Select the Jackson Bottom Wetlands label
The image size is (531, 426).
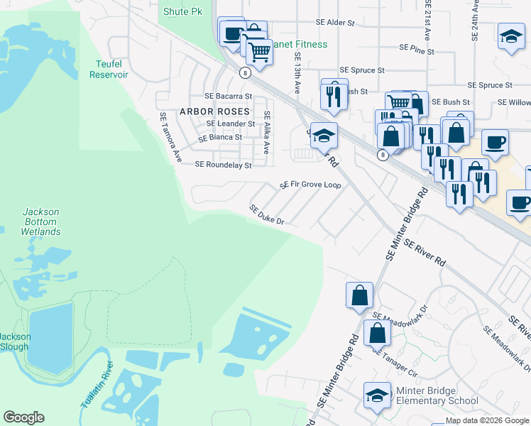coord(40,222)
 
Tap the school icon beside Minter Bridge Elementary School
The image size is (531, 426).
coord(377,396)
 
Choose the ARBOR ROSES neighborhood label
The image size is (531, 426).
coord(214,111)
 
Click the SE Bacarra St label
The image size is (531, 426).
coord(228,96)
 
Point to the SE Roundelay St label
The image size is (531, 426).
coord(223,165)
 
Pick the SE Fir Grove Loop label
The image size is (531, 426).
coord(310,185)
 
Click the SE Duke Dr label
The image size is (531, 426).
coord(266,215)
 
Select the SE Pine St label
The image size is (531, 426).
coord(416,48)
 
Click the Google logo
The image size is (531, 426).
coord(23,417)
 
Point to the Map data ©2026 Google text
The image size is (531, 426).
coord(486,420)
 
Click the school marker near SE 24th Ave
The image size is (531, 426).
coord(510,38)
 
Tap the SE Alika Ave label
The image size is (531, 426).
coord(267,133)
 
